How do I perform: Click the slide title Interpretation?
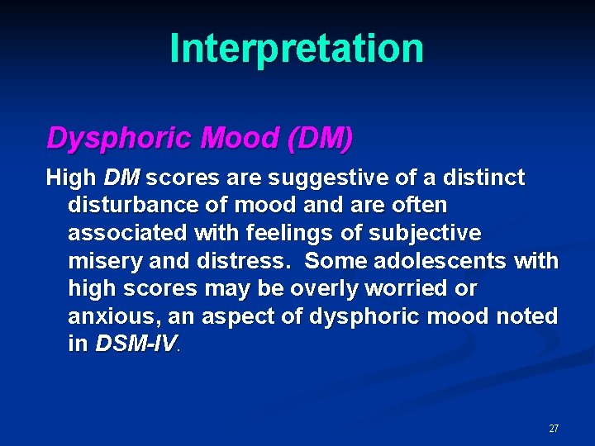coord(297,48)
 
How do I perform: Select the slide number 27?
coord(554,429)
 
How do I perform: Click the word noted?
coord(526,317)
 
